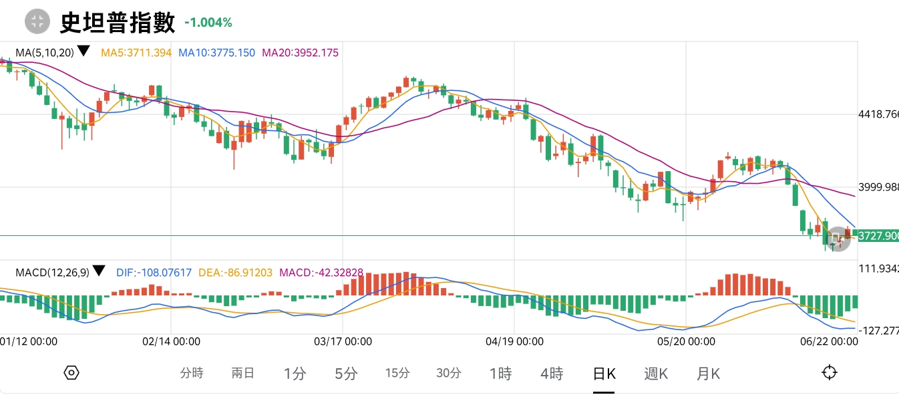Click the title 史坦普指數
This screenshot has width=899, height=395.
[118, 22]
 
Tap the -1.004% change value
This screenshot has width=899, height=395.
[208, 23]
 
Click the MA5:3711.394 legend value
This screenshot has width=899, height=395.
[136, 52]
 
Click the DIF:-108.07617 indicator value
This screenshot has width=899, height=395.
[154, 272]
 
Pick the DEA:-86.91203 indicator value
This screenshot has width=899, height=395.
[235, 272]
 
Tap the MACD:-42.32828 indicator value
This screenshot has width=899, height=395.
[321, 272]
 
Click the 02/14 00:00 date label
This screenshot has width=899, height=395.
[172, 341]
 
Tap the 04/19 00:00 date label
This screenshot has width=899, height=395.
[514, 341]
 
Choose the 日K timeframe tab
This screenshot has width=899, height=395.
[604, 374]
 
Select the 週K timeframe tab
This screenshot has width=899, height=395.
[656, 374]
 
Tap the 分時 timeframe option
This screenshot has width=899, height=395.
[192, 374]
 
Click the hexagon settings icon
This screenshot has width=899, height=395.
[72, 373]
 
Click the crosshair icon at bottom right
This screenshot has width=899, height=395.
[830, 373]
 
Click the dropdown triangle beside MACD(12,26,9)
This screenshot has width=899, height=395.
[99, 271]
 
